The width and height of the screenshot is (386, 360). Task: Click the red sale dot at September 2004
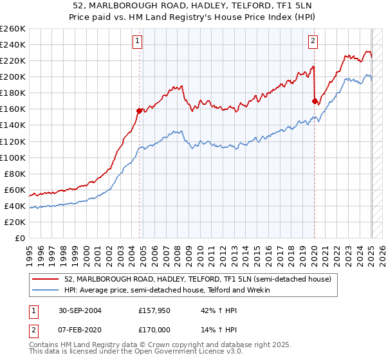pos(139,111)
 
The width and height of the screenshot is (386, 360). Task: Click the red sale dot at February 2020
pos(315,101)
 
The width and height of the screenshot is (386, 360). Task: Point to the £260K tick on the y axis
pos(13,29)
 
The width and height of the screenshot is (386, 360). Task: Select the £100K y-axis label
pos(13,157)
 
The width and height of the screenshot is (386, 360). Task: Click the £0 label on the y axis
pos(20,238)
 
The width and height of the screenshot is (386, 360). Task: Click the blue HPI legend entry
pos(167,290)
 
